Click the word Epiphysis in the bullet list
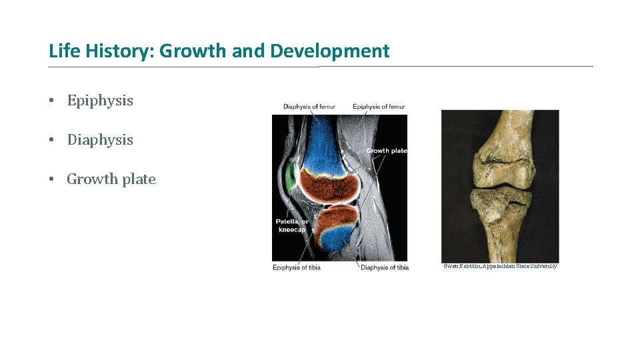point(100,101)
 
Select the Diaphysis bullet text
point(100,140)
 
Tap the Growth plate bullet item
point(111,179)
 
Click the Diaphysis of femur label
point(309,107)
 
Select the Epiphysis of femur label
point(379,107)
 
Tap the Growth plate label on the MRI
point(386,151)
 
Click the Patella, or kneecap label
point(292,225)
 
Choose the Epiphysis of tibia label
point(297,268)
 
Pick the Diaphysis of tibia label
point(385,268)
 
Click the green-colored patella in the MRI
point(290,177)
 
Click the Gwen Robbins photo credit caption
point(500,267)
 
